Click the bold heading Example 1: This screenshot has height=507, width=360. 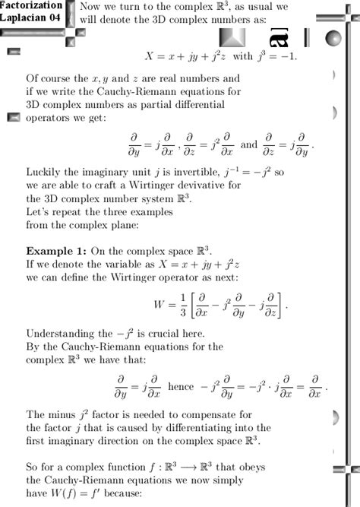point(56,250)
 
